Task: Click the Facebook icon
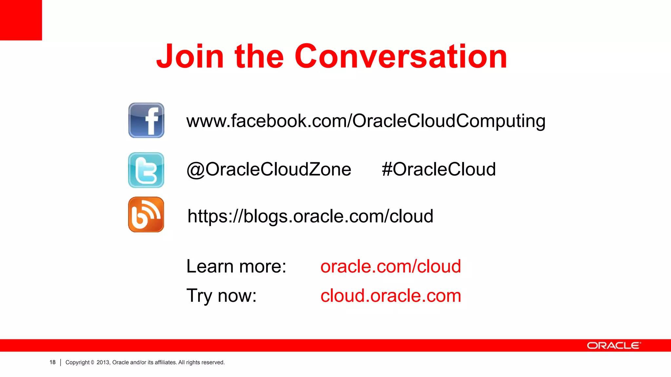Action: tap(146, 120)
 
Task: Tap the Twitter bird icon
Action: tap(146, 170)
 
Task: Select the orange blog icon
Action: tap(146, 215)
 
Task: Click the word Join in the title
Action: tap(190, 57)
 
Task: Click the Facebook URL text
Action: tap(366, 121)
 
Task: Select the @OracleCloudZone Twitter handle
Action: tap(269, 170)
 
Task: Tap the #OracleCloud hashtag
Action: tap(438, 170)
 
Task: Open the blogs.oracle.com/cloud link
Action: tap(310, 217)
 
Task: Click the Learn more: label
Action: tap(236, 266)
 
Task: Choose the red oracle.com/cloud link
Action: tap(391, 266)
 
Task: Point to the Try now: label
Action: tap(221, 296)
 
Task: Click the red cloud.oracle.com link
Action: tap(391, 296)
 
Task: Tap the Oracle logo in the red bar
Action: tap(614, 346)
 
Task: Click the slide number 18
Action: tap(52, 362)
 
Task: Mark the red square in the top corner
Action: tap(21, 20)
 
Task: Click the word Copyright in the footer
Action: tap(78, 362)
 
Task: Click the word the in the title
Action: tap(259, 57)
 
